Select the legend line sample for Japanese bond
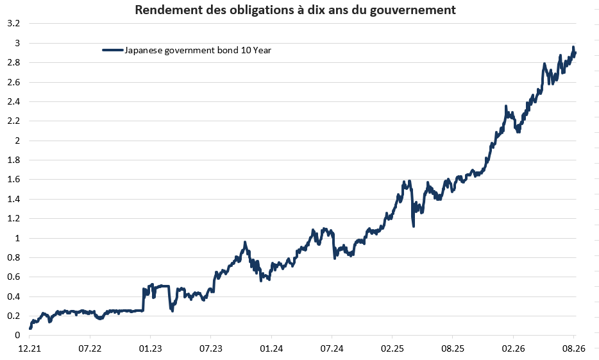(113, 50)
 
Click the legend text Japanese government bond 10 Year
(198, 51)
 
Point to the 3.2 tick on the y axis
(13, 23)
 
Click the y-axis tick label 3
(17, 43)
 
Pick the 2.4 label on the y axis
(13, 101)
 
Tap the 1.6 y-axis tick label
(13, 179)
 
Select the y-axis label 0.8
(13, 257)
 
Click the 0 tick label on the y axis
(17, 335)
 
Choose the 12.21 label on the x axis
(30, 348)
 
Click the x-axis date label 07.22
(90, 348)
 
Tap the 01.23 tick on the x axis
(150, 348)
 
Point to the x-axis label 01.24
(271, 348)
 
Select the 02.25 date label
(392, 348)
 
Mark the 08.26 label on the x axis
(573, 348)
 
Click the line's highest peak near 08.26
(573, 47)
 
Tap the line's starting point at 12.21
(30, 328)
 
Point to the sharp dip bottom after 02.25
(414, 227)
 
